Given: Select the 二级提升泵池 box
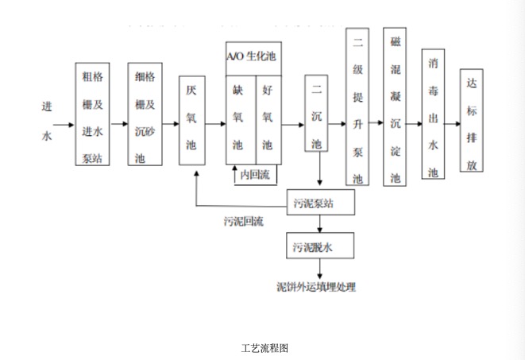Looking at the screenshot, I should (x=357, y=106).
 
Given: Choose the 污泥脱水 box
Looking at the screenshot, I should (x=318, y=246).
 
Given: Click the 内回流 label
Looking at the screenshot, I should (x=254, y=174).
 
